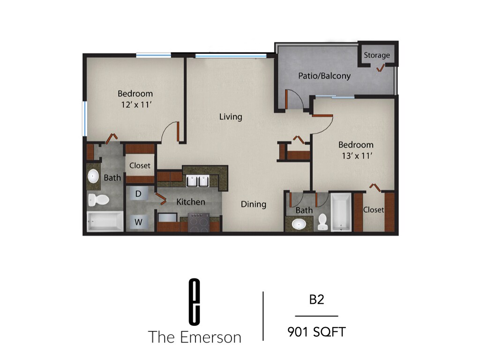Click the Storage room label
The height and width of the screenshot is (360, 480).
point(377,55)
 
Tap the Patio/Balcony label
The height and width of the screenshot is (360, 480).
point(324,75)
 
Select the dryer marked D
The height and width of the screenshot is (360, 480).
point(138,194)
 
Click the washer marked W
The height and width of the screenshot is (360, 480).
point(139,222)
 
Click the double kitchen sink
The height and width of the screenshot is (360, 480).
point(197,181)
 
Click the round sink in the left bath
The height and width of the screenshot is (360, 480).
point(92,176)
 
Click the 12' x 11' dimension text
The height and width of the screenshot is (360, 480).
point(135,105)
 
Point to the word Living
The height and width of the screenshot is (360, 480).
point(231,117)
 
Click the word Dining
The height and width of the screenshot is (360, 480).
point(254,204)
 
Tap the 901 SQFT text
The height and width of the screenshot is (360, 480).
point(316,332)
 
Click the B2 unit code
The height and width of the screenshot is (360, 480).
point(316,300)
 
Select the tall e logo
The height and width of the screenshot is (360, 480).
point(194,301)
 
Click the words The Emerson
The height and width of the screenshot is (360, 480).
point(195,337)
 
